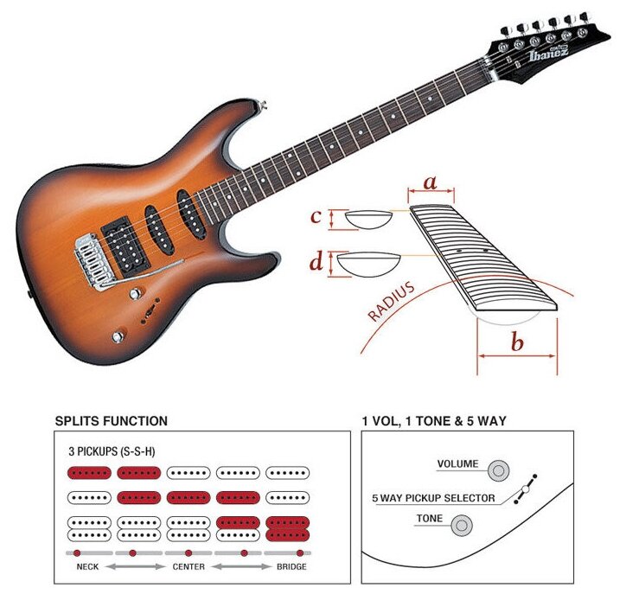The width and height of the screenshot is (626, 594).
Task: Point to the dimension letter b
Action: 516,343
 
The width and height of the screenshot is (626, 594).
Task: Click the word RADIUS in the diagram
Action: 391,301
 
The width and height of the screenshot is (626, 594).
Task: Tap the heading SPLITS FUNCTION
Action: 111,421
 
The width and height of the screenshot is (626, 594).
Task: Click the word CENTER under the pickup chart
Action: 188,568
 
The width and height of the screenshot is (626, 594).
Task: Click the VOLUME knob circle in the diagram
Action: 497,469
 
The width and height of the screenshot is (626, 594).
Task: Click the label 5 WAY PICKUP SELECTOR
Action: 433,498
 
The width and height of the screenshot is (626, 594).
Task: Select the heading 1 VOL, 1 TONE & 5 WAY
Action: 434,421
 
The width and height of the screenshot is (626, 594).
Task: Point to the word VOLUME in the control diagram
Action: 457,464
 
